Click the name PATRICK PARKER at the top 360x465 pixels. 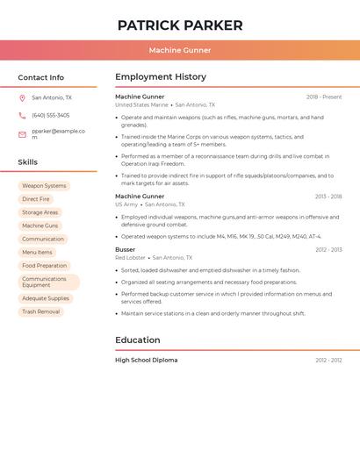pyautogui.click(x=180, y=25)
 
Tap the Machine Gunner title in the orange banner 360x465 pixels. pyautogui.click(x=180, y=50)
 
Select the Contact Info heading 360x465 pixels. pyautogui.click(x=41, y=77)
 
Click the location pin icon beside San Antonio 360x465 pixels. pyautogui.click(x=22, y=98)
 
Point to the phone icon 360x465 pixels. pyautogui.click(x=22, y=115)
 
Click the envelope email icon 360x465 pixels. pyautogui.click(x=22, y=134)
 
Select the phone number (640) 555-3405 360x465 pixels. pyautogui.click(x=51, y=115)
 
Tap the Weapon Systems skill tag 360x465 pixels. pyautogui.click(x=44, y=186)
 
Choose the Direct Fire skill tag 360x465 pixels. pyautogui.click(x=36, y=199)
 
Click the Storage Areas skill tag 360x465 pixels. pyautogui.click(x=40, y=212)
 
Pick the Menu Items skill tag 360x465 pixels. pyautogui.click(x=37, y=253)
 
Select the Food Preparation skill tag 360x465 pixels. pyautogui.click(x=45, y=266)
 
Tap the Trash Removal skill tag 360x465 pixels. pyautogui.click(x=41, y=311)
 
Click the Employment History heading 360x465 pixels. pyautogui.click(x=161, y=77)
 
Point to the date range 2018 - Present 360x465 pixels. pyautogui.click(x=324, y=97)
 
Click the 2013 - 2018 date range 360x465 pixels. pyautogui.click(x=328, y=197)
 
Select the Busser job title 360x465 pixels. pyautogui.click(x=126, y=249)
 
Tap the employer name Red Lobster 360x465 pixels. pyautogui.click(x=131, y=258)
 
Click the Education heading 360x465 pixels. pyautogui.click(x=138, y=340)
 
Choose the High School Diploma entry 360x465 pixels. pyautogui.click(x=147, y=360)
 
